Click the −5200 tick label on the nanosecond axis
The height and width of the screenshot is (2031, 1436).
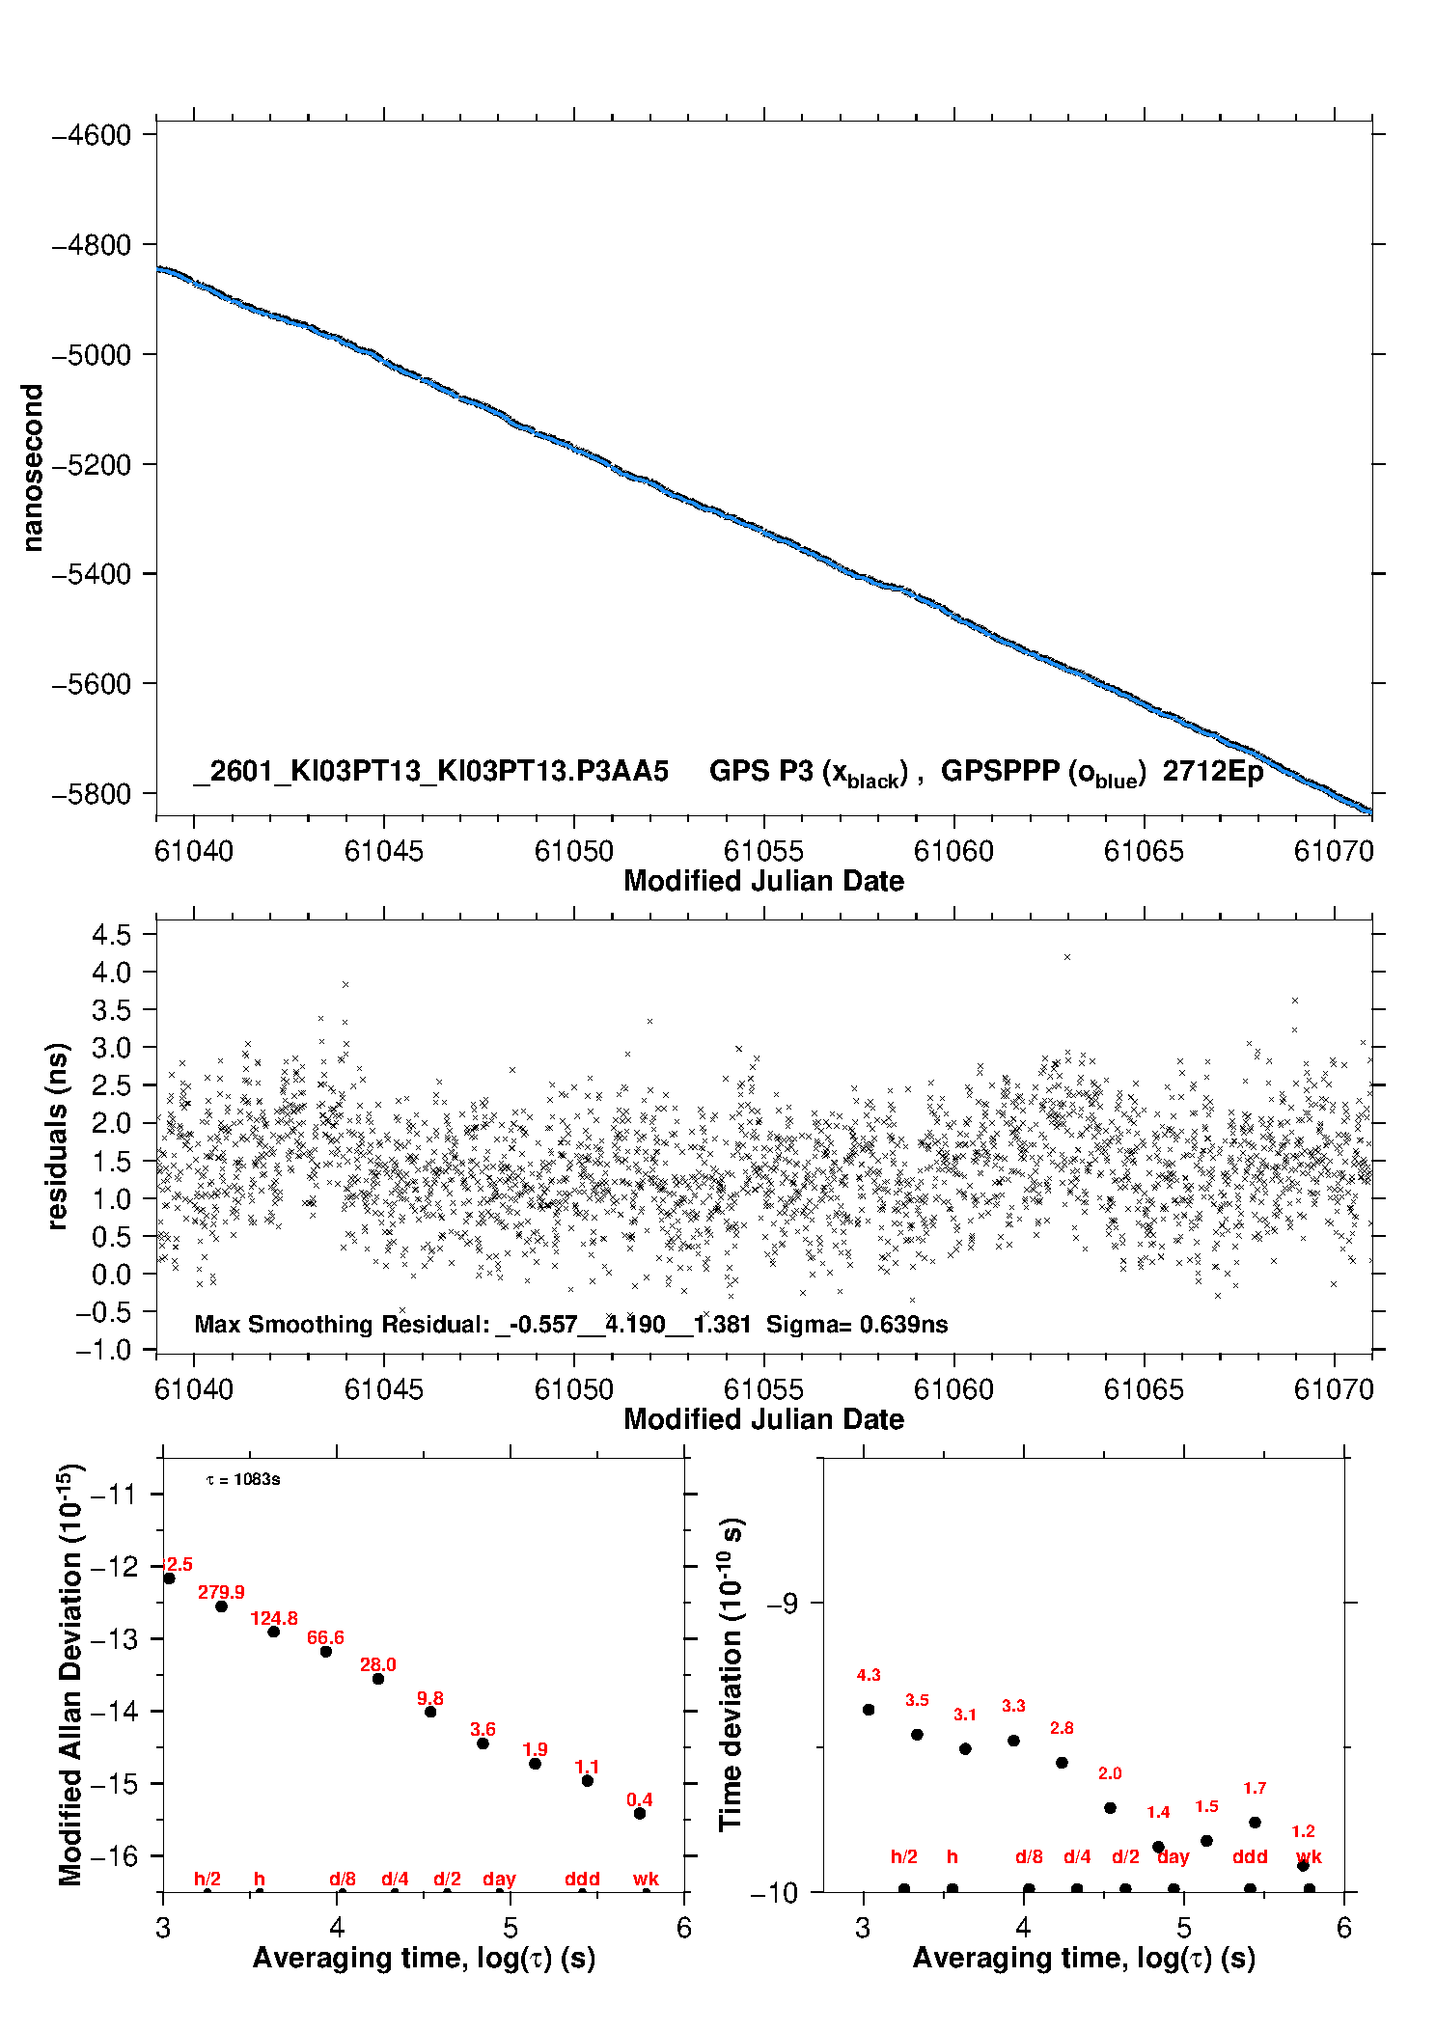click(91, 465)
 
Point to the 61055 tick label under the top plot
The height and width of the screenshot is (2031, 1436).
click(763, 851)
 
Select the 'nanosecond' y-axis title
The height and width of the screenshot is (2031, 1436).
click(33, 467)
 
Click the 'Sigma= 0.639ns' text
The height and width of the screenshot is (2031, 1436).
click(857, 1324)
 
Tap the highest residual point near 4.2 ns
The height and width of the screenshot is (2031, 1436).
click(1066, 957)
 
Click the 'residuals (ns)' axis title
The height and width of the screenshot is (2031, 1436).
click(58, 1136)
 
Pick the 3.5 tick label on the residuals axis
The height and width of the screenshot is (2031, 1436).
click(111, 1010)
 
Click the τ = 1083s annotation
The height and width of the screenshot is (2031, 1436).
click(243, 1479)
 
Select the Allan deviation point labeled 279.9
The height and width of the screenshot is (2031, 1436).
click(221, 1606)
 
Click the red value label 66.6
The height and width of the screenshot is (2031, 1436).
click(325, 1637)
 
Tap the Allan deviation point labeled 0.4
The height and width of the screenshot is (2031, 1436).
click(640, 1813)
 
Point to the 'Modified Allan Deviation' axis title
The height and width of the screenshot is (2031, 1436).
click(69, 1674)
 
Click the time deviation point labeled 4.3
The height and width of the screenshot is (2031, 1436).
click(869, 1710)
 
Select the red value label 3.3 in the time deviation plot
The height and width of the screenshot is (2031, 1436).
click(1013, 1706)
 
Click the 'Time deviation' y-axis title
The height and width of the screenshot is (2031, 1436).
click(731, 1675)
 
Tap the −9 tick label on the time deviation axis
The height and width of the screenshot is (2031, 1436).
click(783, 1604)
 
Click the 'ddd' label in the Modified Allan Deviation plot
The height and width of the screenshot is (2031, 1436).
click(582, 1879)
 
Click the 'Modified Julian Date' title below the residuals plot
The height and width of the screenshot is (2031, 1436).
click(763, 1419)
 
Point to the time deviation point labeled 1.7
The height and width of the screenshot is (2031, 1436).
click(1255, 1823)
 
